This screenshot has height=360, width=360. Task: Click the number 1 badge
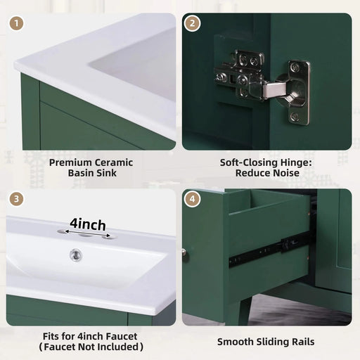[15, 23]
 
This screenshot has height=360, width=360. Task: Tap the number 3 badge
[15, 199]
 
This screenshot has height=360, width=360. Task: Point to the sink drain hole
[76, 255]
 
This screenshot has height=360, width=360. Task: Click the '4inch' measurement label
[87, 225]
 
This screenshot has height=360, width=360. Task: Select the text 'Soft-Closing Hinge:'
[266, 162]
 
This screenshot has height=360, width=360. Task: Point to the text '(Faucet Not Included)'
[92, 347]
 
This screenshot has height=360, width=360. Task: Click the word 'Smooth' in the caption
[235, 342]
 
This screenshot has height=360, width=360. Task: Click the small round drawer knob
[186, 251]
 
